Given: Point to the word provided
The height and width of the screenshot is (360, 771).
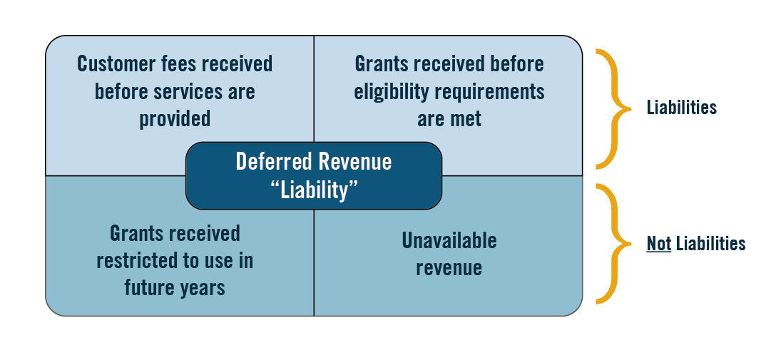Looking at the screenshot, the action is point(175,119).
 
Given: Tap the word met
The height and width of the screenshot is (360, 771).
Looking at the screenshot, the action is point(467,120).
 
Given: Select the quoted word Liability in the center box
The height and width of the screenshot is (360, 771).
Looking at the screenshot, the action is point(314,190).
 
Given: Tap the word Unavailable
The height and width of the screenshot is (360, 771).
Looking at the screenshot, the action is point(449,241).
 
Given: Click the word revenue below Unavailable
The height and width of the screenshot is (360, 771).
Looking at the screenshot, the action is point(449,268).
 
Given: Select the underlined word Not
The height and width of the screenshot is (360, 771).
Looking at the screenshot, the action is point(659,244).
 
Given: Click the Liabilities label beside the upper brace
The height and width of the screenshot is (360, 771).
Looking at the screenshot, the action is point(682,108).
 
